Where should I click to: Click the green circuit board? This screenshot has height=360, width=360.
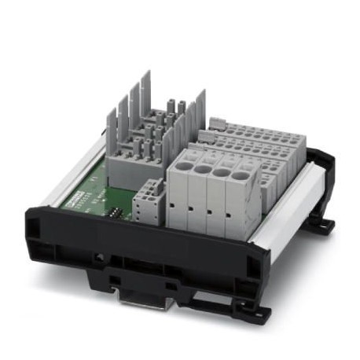click(x=102, y=185)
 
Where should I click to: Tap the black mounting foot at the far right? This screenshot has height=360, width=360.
click(x=323, y=225)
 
